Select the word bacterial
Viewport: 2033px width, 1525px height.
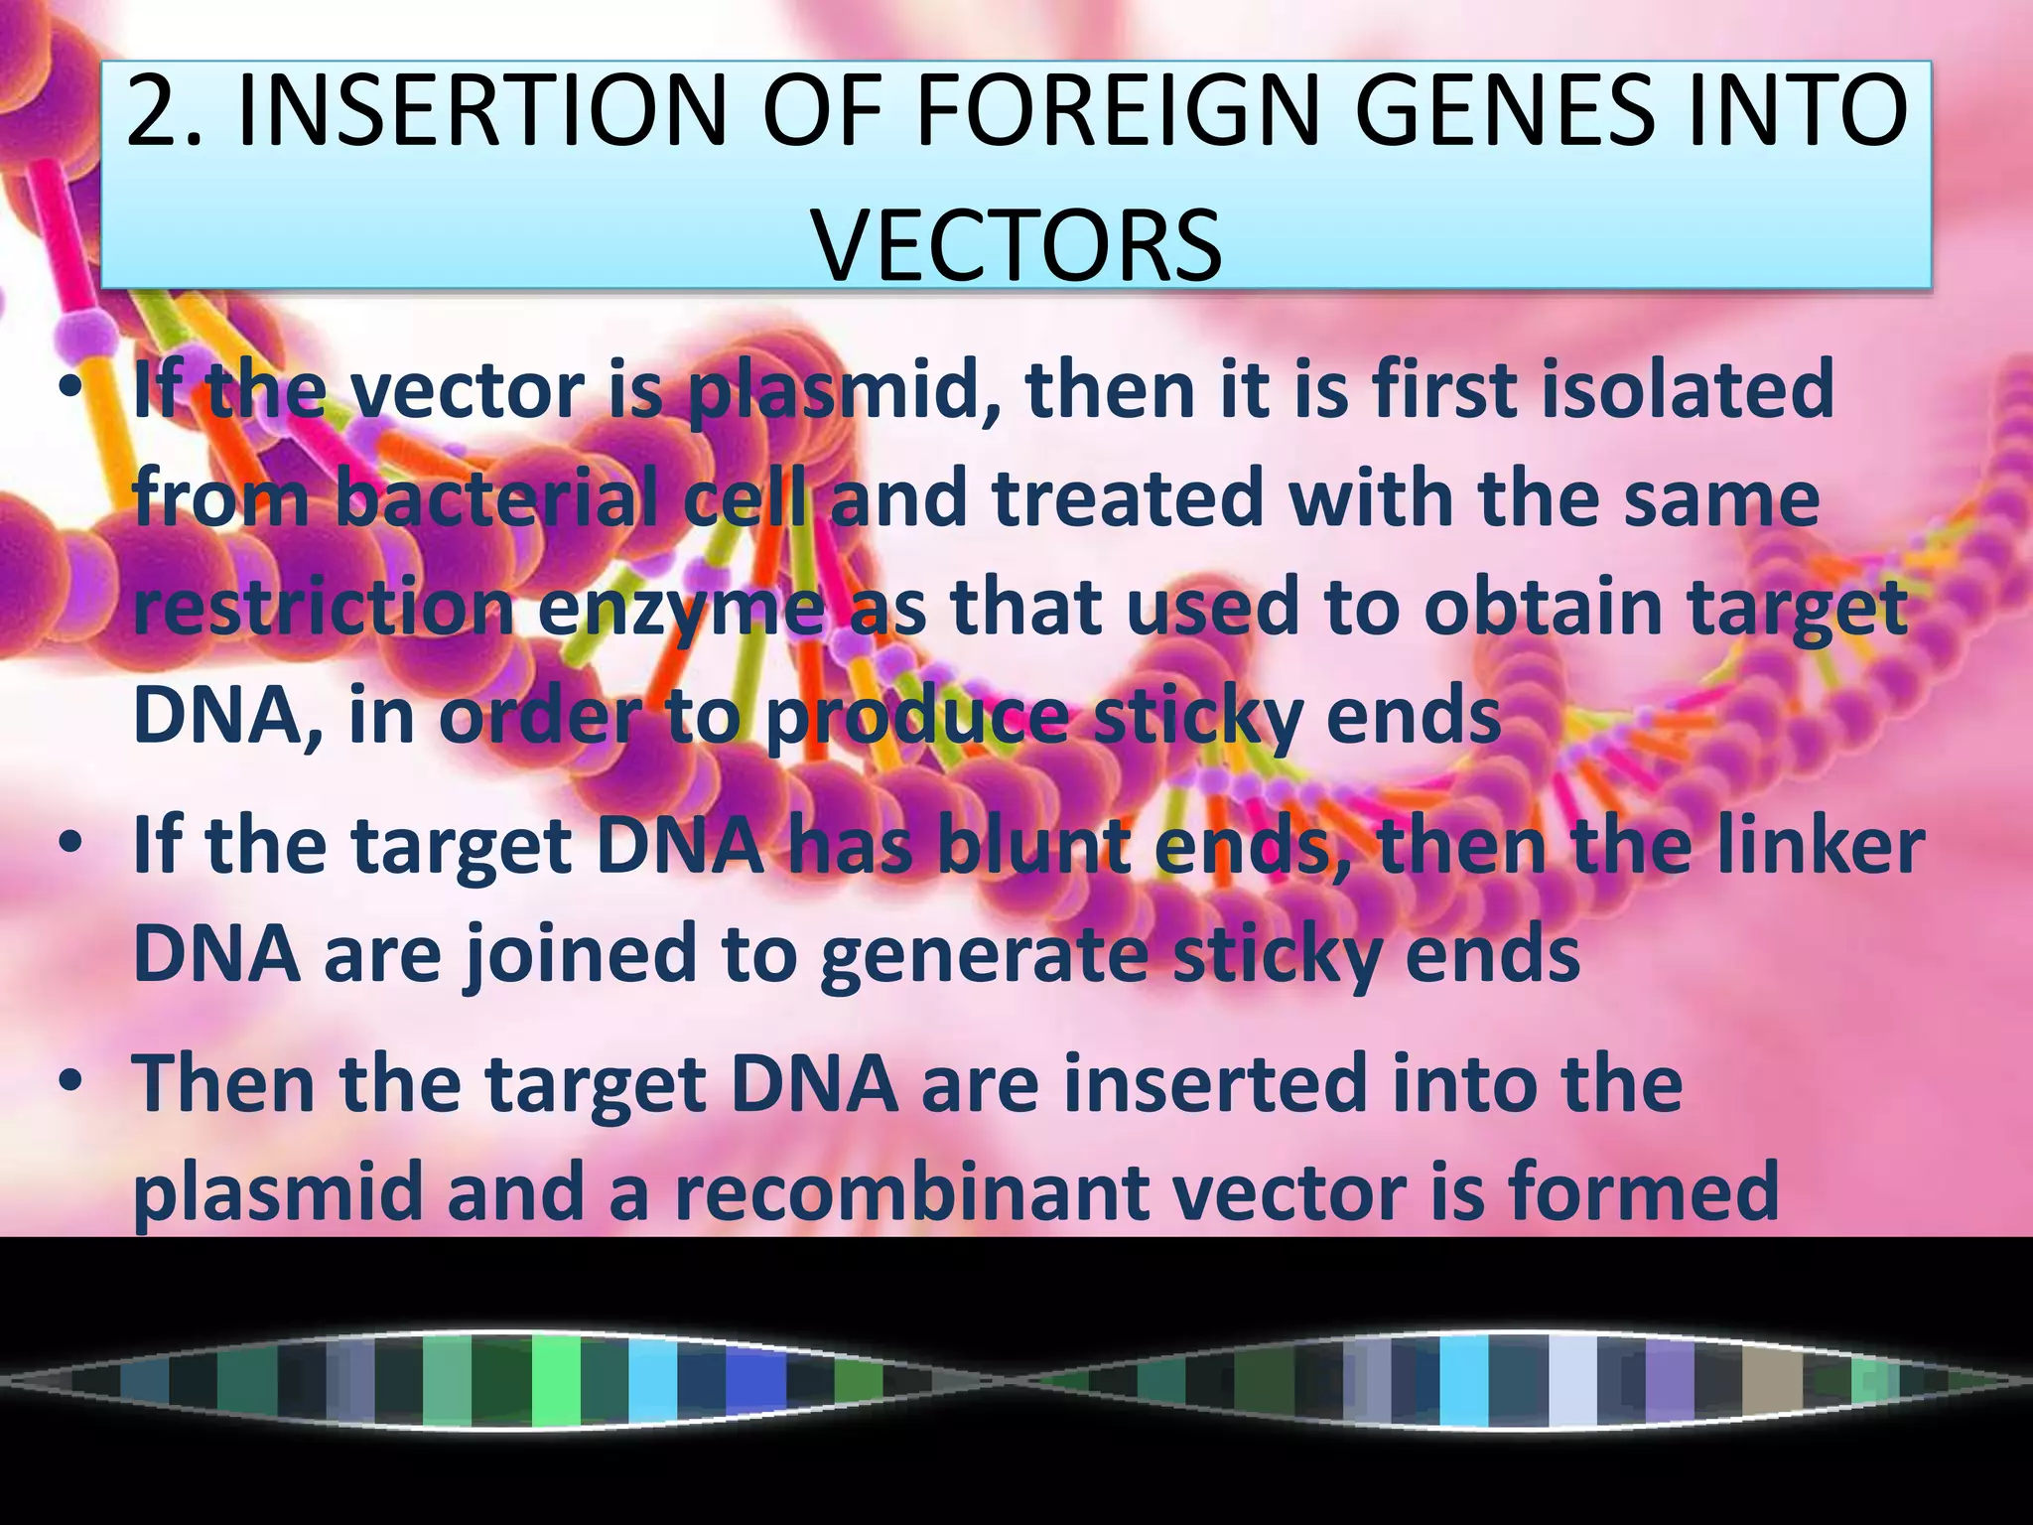[494, 498]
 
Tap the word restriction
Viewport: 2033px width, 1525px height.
[323, 607]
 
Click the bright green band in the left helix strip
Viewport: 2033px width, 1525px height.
[556, 1380]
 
